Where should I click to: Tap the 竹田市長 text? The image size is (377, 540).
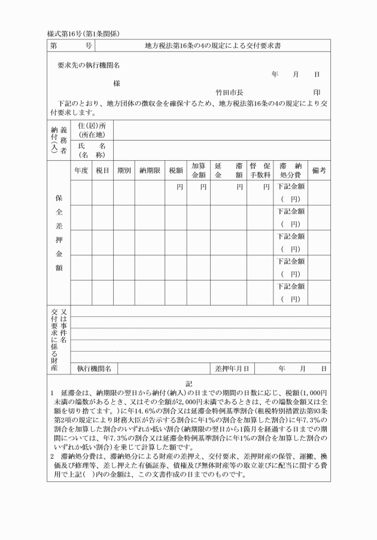point(229,93)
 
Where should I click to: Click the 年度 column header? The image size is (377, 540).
point(81,170)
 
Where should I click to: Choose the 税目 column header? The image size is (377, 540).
point(102,170)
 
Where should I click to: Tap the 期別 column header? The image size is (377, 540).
point(124,170)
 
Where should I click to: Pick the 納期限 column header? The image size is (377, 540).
point(150,170)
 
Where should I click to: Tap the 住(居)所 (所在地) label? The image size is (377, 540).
point(92,130)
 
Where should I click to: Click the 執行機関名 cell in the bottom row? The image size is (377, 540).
point(94,368)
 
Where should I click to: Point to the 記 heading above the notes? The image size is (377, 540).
point(188,383)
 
